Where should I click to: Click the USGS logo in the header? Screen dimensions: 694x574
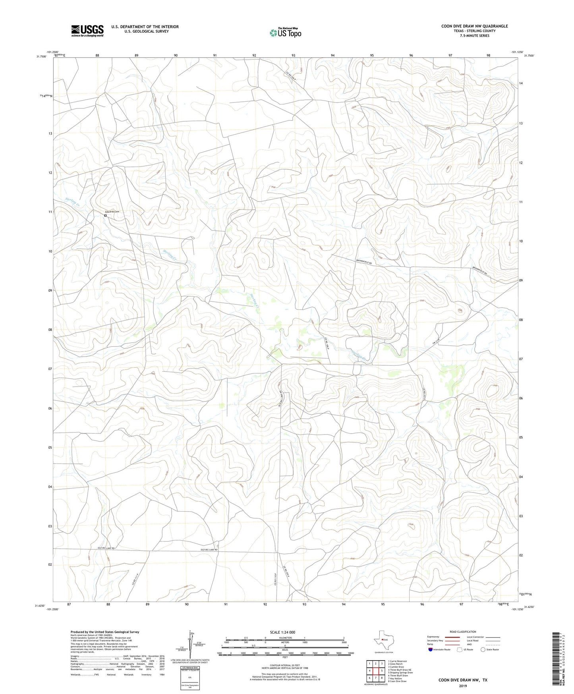point(87,30)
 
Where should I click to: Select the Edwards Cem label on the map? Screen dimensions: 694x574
point(112,211)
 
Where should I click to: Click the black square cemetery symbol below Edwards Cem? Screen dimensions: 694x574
point(105,215)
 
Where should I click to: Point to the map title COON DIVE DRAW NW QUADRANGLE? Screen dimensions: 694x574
point(474,26)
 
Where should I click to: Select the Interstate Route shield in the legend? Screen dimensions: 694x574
point(431,649)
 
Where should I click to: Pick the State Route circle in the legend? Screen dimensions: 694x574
point(483,649)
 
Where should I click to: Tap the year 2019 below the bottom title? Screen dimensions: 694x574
point(463,686)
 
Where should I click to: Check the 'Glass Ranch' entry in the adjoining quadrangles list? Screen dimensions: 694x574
point(396,664)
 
